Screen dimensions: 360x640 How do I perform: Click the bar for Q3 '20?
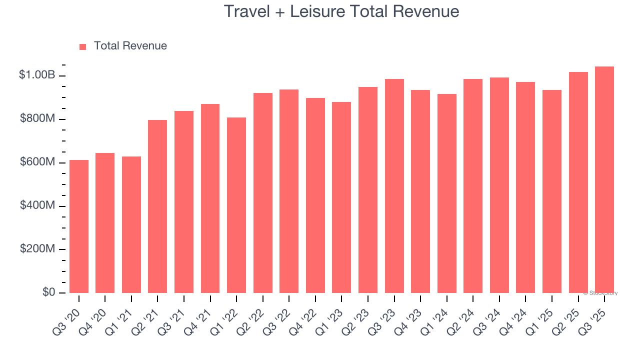(x=79, y=226)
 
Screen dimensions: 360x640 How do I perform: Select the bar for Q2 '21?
(x=157, y=206)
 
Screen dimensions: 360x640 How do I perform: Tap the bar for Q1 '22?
(x=236, y=205)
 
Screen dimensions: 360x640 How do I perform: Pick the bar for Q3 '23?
(x=394, y=186)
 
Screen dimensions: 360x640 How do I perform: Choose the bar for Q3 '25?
(x=604, y=180)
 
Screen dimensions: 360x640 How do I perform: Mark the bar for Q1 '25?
(x=552, y=191)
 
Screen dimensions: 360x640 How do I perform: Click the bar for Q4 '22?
(x=315, y=195)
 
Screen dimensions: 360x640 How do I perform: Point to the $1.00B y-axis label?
(x=36, y=75)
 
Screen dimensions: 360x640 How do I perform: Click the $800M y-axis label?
(x=37, y=119)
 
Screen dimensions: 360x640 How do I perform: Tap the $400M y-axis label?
(x=37, y=206)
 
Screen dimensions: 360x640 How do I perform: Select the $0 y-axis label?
(x=49, y=292)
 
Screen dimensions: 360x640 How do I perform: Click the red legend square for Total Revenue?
(x=83, y=46)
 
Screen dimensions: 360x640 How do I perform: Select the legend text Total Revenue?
(x=130, y=46)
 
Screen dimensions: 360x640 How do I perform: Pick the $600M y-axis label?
(x=37, y=162)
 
